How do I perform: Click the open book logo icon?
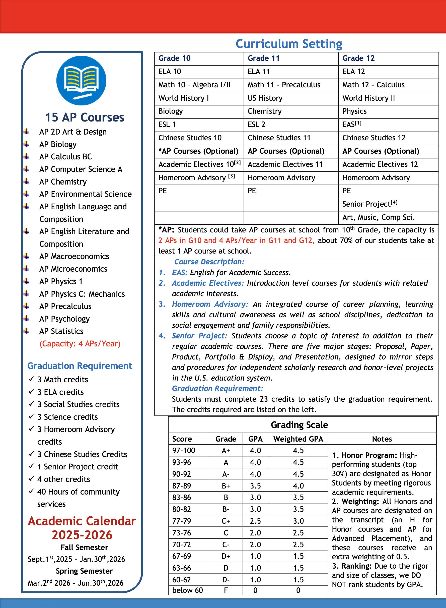[x=81, y=81]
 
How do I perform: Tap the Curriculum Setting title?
[x=289, y=44]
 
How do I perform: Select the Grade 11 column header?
[x=263, y=58]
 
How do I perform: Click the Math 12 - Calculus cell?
[x=373, y=85]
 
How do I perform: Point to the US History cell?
[x=265, y=98]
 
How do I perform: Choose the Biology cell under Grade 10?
[x=171, y=111]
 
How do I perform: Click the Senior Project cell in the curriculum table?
[x=369, y=204]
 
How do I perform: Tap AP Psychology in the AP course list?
[x=64, y=319]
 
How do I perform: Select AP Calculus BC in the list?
[x=66, y=157]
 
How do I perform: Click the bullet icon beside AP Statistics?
[x=26, y=331]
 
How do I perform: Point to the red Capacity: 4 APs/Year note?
[x=80, y=344]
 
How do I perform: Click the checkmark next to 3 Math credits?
[x=31, y=379]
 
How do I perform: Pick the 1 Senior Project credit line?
[x=78, y=466]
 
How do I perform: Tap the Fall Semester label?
[x=84, y=547]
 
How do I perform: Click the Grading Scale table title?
[x=300, y=425]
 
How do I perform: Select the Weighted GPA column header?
[x=298, y=439]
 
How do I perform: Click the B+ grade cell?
[x=226, y=486]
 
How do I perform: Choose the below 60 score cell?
[x=187, y=590]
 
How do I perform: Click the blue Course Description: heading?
[x=209, y=262]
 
